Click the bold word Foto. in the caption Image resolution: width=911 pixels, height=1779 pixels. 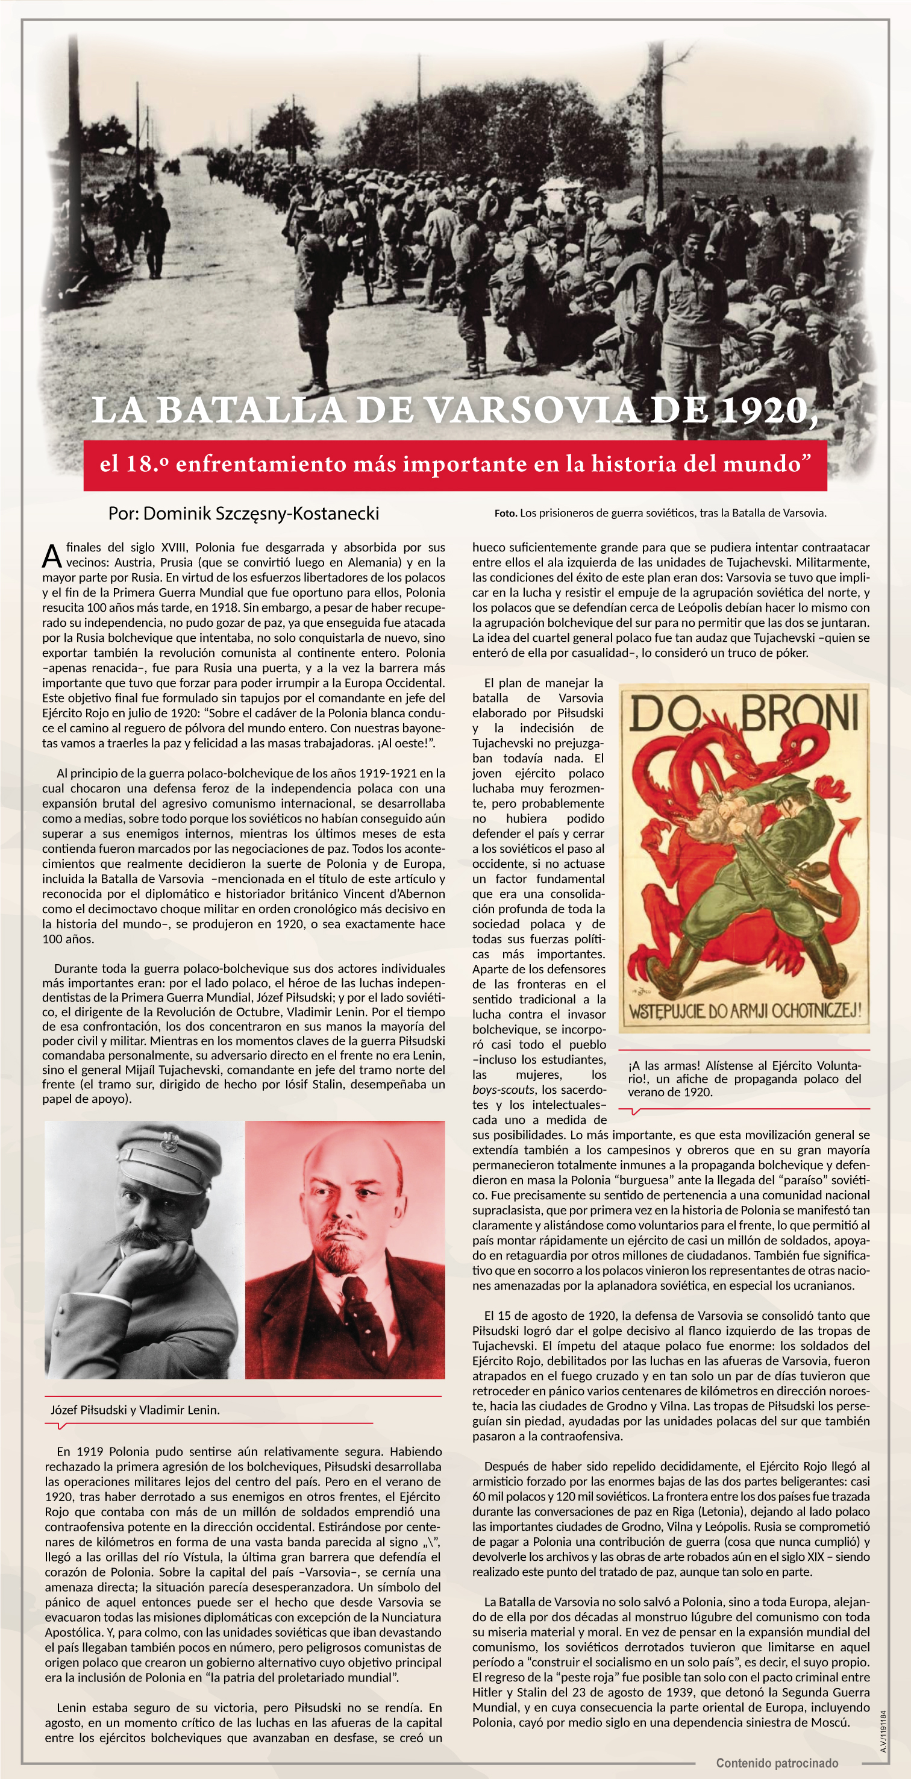coord(506,513)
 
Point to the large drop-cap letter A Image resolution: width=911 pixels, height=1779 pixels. coord(52,556)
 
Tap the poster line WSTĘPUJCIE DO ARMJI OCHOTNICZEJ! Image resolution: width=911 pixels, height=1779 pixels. coord(745,1012)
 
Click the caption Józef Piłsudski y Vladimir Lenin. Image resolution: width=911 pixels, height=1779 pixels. coord(136,1410)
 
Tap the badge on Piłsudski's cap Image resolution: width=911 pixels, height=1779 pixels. coord(169,1143)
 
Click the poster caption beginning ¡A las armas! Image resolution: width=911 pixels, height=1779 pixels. coord(745,1079)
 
